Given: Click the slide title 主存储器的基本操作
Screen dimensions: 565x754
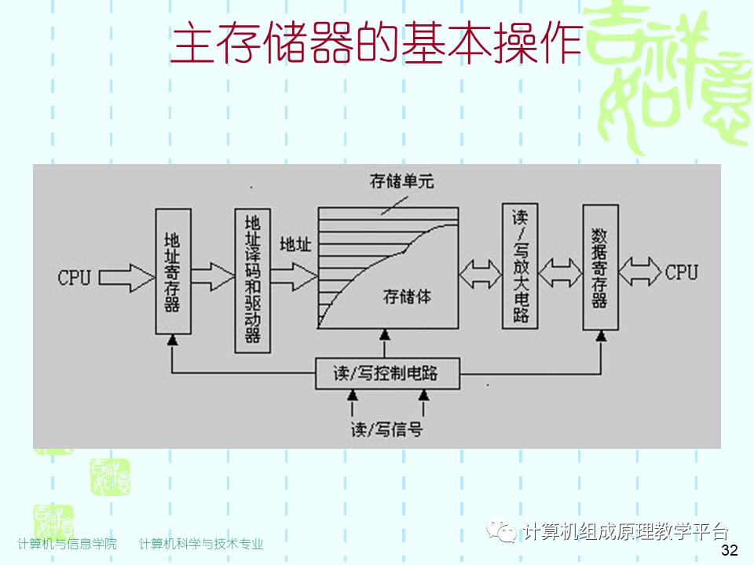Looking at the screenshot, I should (x=376, y=44).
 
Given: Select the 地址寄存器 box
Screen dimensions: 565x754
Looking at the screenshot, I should (x=173, y=270).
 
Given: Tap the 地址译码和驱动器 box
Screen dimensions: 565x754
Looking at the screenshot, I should (x=252, y=279).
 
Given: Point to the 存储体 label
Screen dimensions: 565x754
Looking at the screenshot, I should (x=407, y=297).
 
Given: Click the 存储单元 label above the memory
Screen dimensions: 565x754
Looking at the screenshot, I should (x=401, y=181).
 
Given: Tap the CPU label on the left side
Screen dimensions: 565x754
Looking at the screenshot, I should (x=75, y=277).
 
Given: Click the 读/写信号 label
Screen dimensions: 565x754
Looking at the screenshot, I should (x=387, y=429).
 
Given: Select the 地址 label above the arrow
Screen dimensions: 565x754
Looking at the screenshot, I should (x=295, y=244).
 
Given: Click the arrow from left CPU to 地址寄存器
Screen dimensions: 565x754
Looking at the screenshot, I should (x=127, y=276).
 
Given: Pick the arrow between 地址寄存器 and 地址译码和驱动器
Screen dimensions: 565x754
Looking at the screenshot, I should (x=213, y=275).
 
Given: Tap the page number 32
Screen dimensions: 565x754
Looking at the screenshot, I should (x=729, y=550).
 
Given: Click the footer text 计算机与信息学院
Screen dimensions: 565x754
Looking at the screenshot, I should (x=67, y=544).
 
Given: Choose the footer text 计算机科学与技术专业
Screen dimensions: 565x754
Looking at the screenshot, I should (x=201, y=544).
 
